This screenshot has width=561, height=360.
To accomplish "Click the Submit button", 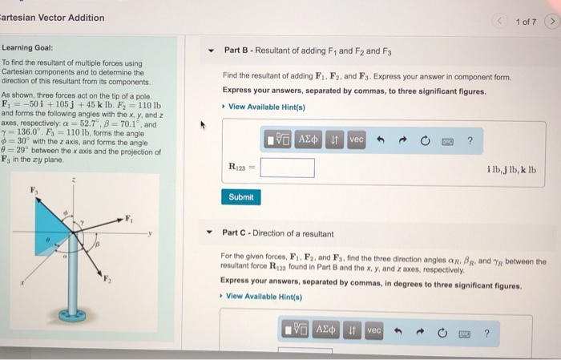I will (240, 196).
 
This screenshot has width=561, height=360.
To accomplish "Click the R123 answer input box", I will (287, 168).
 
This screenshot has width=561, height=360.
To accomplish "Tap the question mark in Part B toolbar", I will (470, 140).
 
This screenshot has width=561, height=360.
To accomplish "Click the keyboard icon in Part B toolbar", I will (448, 140).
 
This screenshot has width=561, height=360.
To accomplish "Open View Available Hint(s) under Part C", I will (264, 296).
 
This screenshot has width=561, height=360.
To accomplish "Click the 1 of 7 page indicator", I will (526, 19).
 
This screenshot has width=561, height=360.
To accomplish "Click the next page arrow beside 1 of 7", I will (551, 19).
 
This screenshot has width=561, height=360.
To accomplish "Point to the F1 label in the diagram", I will (127, 218).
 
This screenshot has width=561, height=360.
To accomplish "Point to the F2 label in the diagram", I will (107, 277).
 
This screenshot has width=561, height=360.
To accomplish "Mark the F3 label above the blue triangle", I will (34, 190).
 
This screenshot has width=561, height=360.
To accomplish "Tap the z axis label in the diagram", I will (75, 182).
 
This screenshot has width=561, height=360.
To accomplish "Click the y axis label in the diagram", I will (150, 235).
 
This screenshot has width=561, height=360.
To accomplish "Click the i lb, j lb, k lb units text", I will (511, 170).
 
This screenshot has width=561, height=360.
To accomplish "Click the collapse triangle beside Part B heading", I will (211, 51).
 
